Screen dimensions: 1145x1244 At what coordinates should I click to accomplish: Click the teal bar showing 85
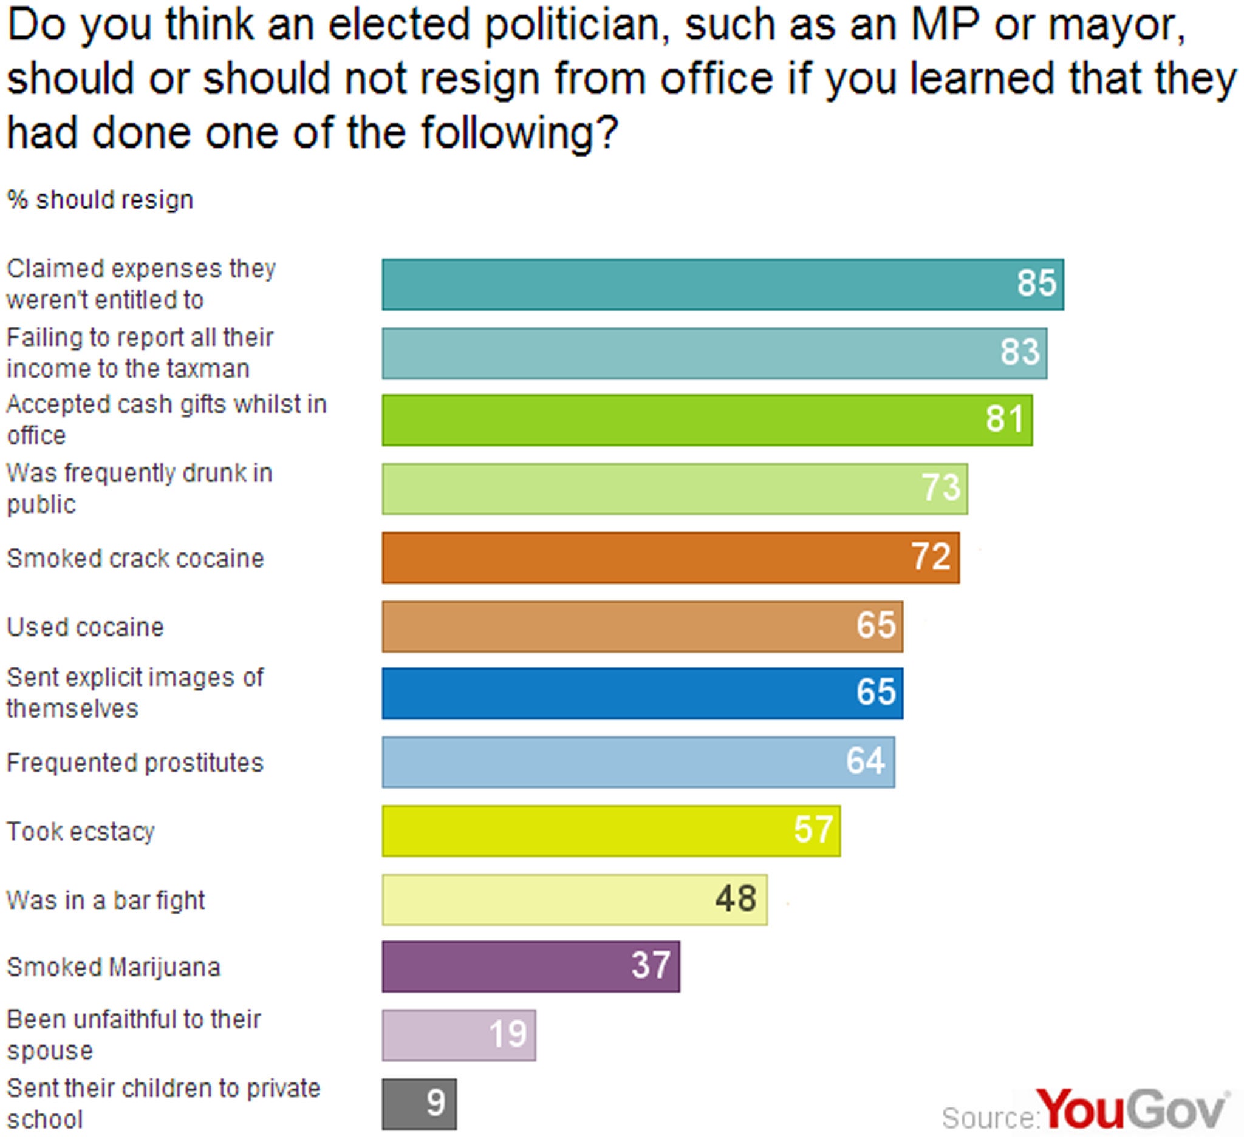click(x=722, y=284)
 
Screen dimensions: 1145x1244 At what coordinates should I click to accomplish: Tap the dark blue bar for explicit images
click(x=642, y=693)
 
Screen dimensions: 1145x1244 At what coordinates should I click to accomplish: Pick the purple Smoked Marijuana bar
click(x=530, y=966)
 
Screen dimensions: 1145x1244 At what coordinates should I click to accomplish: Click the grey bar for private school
click(x=419, y=1104)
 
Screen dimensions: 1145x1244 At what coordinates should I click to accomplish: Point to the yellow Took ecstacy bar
click(x=610, y=831)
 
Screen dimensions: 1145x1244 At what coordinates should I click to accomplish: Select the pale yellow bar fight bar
click(x=574, y=899)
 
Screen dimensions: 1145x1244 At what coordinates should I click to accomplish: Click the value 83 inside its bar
click(x=1020, y=352)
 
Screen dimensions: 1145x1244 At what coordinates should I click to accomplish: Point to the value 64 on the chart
click(x=866, y=761)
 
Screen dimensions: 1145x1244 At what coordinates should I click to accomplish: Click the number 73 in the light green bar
click(x=941, y=488)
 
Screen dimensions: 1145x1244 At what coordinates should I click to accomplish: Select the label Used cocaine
click(x=86, y=627)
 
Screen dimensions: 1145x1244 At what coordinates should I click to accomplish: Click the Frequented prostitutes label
click(x=135, y=763)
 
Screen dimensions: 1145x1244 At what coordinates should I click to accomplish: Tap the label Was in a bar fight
click(x=105, y=900)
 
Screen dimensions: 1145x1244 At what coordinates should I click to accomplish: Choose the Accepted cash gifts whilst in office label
click(x=166, y=420)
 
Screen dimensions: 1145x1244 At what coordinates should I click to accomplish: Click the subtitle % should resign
click(x=100, y=200)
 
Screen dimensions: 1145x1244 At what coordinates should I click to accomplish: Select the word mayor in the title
click(x=1116, y=26)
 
